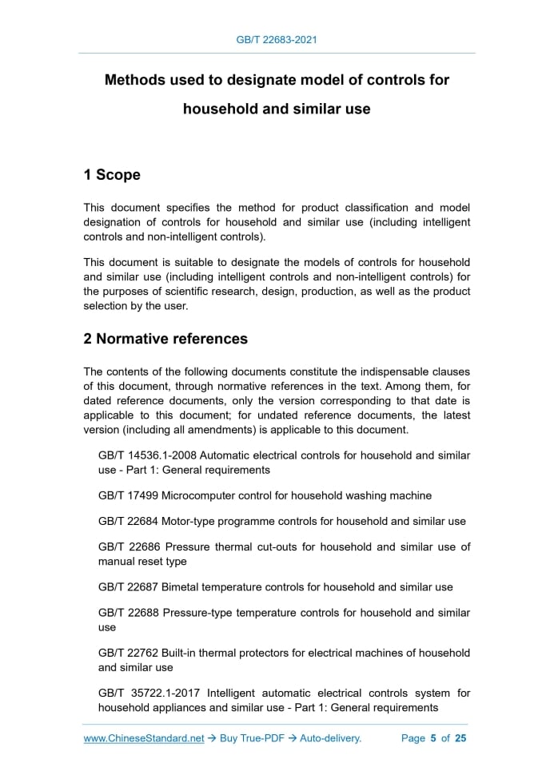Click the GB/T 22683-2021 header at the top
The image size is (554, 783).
277,38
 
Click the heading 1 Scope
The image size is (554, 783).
112,175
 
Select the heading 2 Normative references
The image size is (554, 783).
165,339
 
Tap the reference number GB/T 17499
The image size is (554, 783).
128,495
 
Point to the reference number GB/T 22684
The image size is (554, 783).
128,521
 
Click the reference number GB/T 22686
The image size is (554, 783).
128,547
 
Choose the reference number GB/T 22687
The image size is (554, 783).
128,587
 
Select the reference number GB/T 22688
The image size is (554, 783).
128,613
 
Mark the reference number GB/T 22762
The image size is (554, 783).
128,653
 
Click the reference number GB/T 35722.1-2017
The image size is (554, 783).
145,694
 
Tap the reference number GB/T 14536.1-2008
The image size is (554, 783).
145,455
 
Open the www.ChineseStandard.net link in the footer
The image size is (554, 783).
144,738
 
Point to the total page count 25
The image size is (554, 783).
460,738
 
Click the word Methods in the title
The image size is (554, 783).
136,81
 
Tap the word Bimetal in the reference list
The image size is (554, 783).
182,587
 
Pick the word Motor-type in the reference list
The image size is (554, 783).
192,521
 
